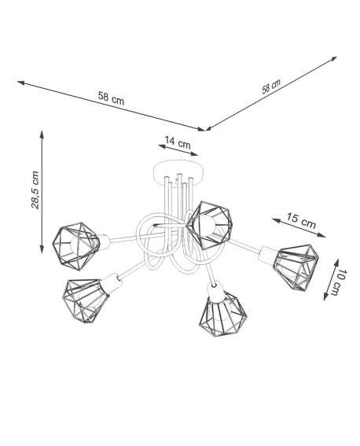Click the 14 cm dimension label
click(x=178, y=142)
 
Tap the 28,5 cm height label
click(x=35, y=190)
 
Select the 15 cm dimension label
click(x=301, y=220)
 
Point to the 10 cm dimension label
click(x=339, y=282)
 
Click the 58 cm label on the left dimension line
click(x=111, y=98)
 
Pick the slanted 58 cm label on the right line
click(x=271, y=87)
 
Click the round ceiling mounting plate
click(x=178, y=171)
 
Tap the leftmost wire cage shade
click(x=76, y=246)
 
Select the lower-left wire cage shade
click(x=86, y=300)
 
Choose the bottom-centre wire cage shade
click(x=223, y=313)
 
